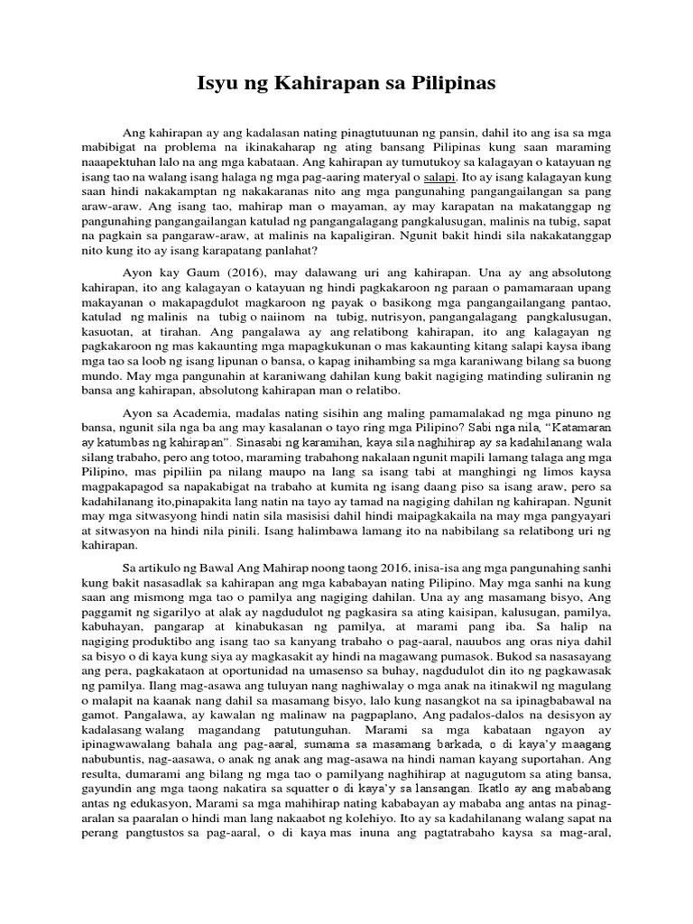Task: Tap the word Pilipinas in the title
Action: pyautogui.click(x=452, y=86)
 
